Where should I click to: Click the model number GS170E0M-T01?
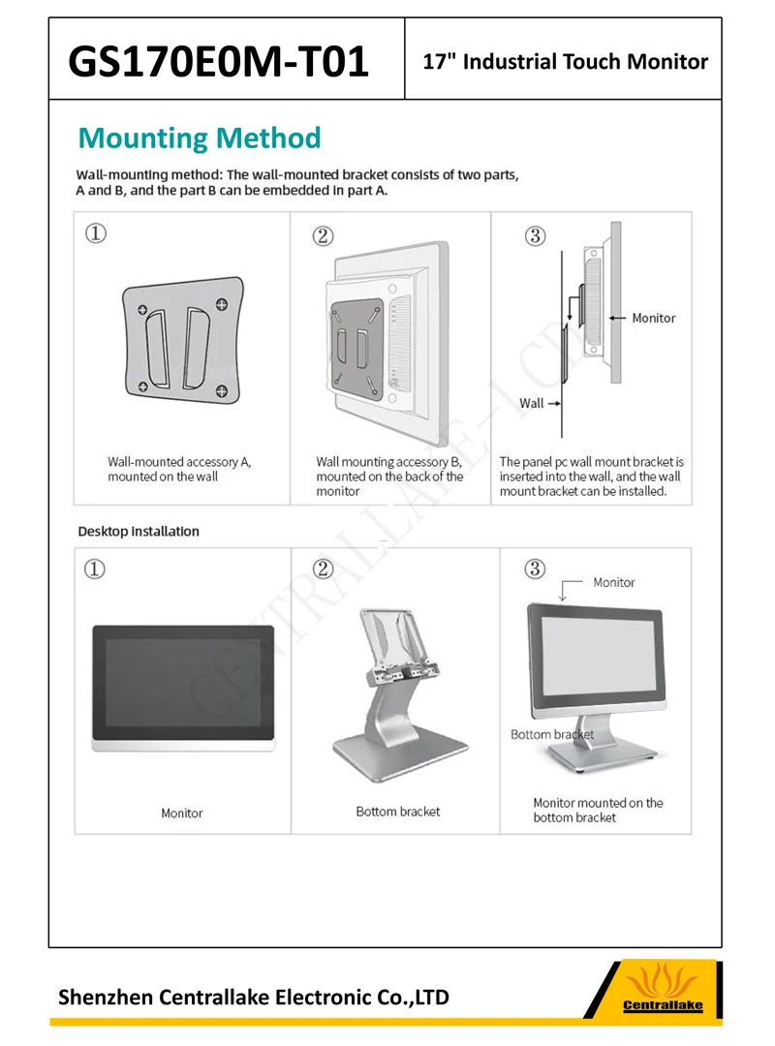(x=219, y=62)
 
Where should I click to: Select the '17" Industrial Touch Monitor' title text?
(x=566, y=62)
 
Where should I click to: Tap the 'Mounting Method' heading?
(x=199, y=138)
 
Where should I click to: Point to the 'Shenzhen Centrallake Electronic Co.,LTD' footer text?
(x=254, y=997)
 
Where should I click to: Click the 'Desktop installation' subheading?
(x=139, y=531)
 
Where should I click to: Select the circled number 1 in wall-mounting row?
(x=95, y=234)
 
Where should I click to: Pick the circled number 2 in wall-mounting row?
(x=324, y=235)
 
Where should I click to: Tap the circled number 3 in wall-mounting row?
(x=535, y=235)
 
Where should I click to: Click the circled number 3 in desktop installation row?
(x=535, y=569)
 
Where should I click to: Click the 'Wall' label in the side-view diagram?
(x=532, y=403)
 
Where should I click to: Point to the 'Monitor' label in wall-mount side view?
(x=653, y=318)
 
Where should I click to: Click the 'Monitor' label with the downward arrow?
(x=613, y=582)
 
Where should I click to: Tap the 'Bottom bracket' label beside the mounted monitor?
(x=552, y=734)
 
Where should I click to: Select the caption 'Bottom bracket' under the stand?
(x=397, y=811)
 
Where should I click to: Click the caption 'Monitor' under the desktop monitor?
(x=182, y=813)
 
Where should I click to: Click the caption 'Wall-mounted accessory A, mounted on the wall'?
(x=179, y=469)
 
